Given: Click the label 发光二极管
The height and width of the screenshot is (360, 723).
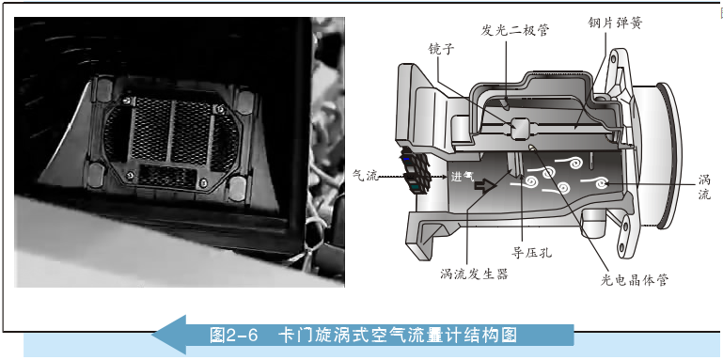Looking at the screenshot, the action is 515,30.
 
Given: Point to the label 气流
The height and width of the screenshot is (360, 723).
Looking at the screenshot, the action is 366,175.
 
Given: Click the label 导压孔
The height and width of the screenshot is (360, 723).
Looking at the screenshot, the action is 531,252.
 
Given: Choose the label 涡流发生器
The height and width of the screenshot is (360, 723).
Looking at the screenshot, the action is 474,274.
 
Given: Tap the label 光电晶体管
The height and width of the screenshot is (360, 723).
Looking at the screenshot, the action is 634,279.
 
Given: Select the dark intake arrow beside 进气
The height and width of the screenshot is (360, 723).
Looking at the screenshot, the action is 485,186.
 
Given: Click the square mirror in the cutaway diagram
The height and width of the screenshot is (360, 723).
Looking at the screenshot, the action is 519,128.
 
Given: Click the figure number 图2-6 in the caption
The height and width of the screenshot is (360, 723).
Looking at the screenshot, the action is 233,336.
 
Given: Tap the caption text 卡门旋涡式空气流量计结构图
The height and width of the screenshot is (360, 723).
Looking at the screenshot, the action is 398,336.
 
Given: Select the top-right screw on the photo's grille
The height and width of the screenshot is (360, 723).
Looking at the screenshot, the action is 219,109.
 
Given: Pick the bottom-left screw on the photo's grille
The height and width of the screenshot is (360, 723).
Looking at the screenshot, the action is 130,175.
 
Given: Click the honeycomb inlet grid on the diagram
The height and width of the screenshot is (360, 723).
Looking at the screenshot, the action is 416,171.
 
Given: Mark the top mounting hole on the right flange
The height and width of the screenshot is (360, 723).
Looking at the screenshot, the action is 614,58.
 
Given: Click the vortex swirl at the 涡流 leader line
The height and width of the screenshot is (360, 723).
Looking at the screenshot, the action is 601,183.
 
